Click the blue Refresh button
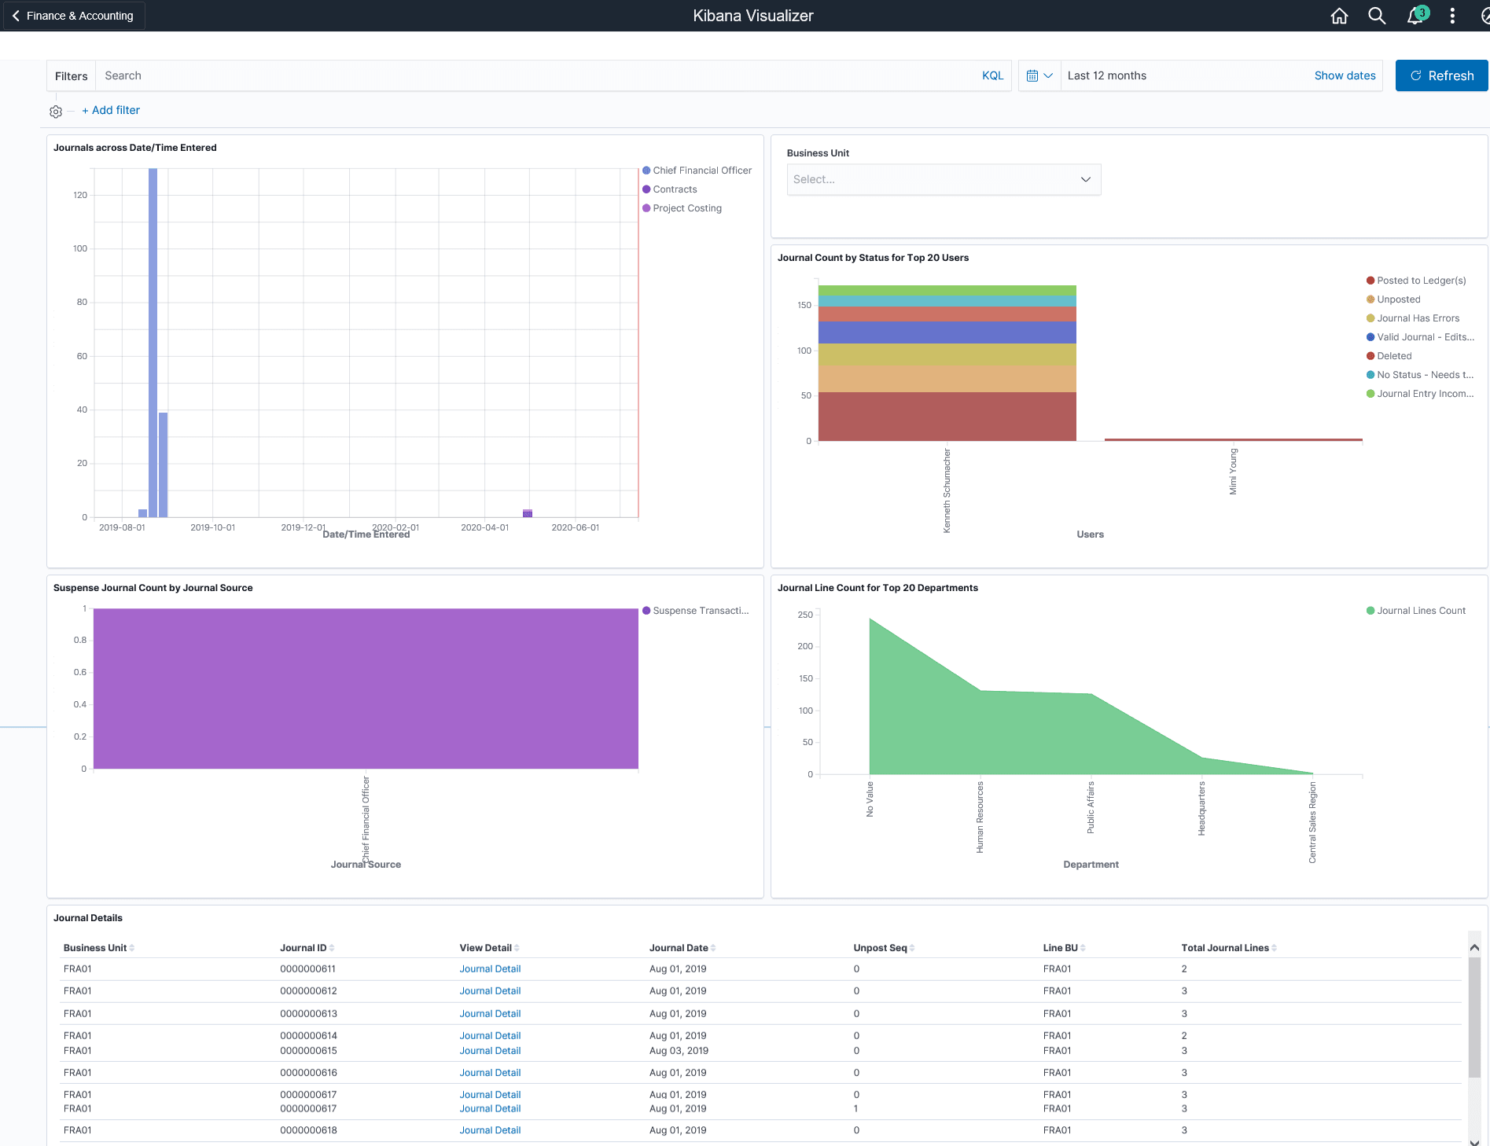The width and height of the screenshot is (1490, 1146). pos(1441,75)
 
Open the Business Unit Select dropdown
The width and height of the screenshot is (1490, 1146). pos(943,179)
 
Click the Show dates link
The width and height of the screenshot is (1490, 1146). pos(1345,75)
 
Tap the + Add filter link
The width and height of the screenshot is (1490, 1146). pos(111,110)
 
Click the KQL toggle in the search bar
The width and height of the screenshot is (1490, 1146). pos(992,75)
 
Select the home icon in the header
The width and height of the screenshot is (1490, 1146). pos(1339,16)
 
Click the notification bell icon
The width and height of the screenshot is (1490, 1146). pos(1415,16)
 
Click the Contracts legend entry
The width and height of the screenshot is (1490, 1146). pos(675,189)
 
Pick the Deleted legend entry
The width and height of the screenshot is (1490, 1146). pos(1394,356)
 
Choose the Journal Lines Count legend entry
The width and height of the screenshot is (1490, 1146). pos(1421,611)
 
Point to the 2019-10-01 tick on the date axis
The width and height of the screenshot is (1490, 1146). pos(213,527)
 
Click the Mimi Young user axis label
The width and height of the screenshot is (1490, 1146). pos(1233,472)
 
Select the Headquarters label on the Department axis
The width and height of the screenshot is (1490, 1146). pos(1201,808)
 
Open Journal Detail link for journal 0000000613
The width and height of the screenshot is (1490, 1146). pos(490,1014)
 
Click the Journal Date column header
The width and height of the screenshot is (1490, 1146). pos(679,948)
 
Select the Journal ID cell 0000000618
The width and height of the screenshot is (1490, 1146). pos(308,1130)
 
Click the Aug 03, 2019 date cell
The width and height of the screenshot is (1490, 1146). pos(679,1051)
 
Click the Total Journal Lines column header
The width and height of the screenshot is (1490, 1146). pos(1224,948)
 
